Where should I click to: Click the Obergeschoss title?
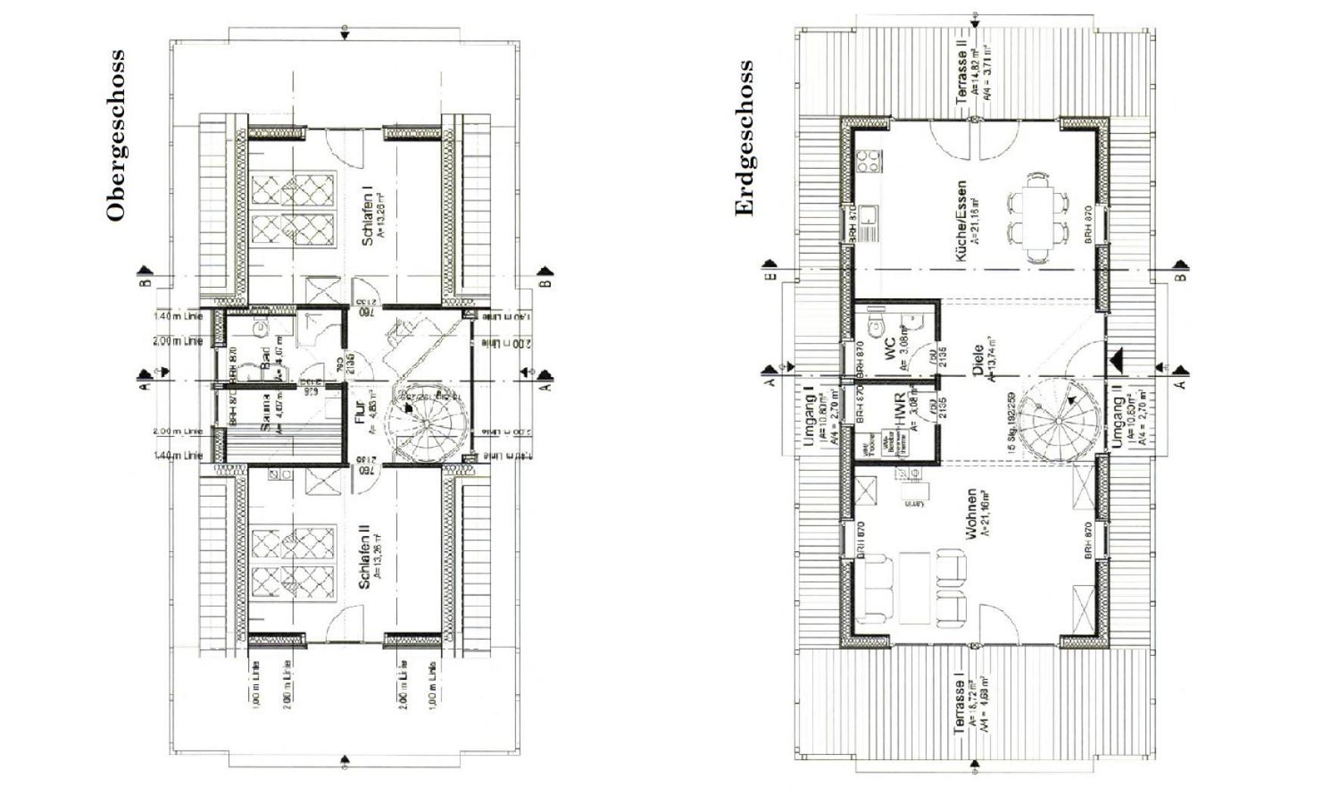[115, 136]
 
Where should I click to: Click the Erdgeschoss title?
[744, 139]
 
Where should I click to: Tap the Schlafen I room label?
[368, 216]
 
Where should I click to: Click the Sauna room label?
[266, 415]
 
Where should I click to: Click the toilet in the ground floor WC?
[875, 326]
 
